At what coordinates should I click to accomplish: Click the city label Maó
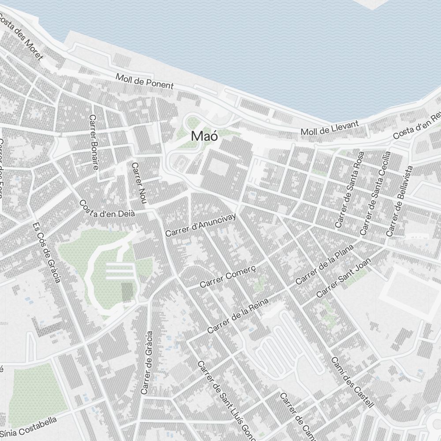[x=205, y=137]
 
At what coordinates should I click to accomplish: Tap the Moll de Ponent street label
[x=145, y=81]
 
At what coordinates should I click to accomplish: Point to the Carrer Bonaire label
[x=93, y=142]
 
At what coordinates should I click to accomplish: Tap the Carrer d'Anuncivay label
[x=201, y=224]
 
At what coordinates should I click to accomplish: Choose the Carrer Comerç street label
[x=228, y=277]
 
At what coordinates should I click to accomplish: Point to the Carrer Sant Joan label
[x=344, y=278]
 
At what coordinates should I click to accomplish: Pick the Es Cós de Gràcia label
[x=46, y=252]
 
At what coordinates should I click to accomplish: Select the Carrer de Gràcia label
[x=147, y=363]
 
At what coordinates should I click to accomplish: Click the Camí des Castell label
[x=352, y=382]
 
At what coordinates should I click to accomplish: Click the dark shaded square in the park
[x=127, y=292]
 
